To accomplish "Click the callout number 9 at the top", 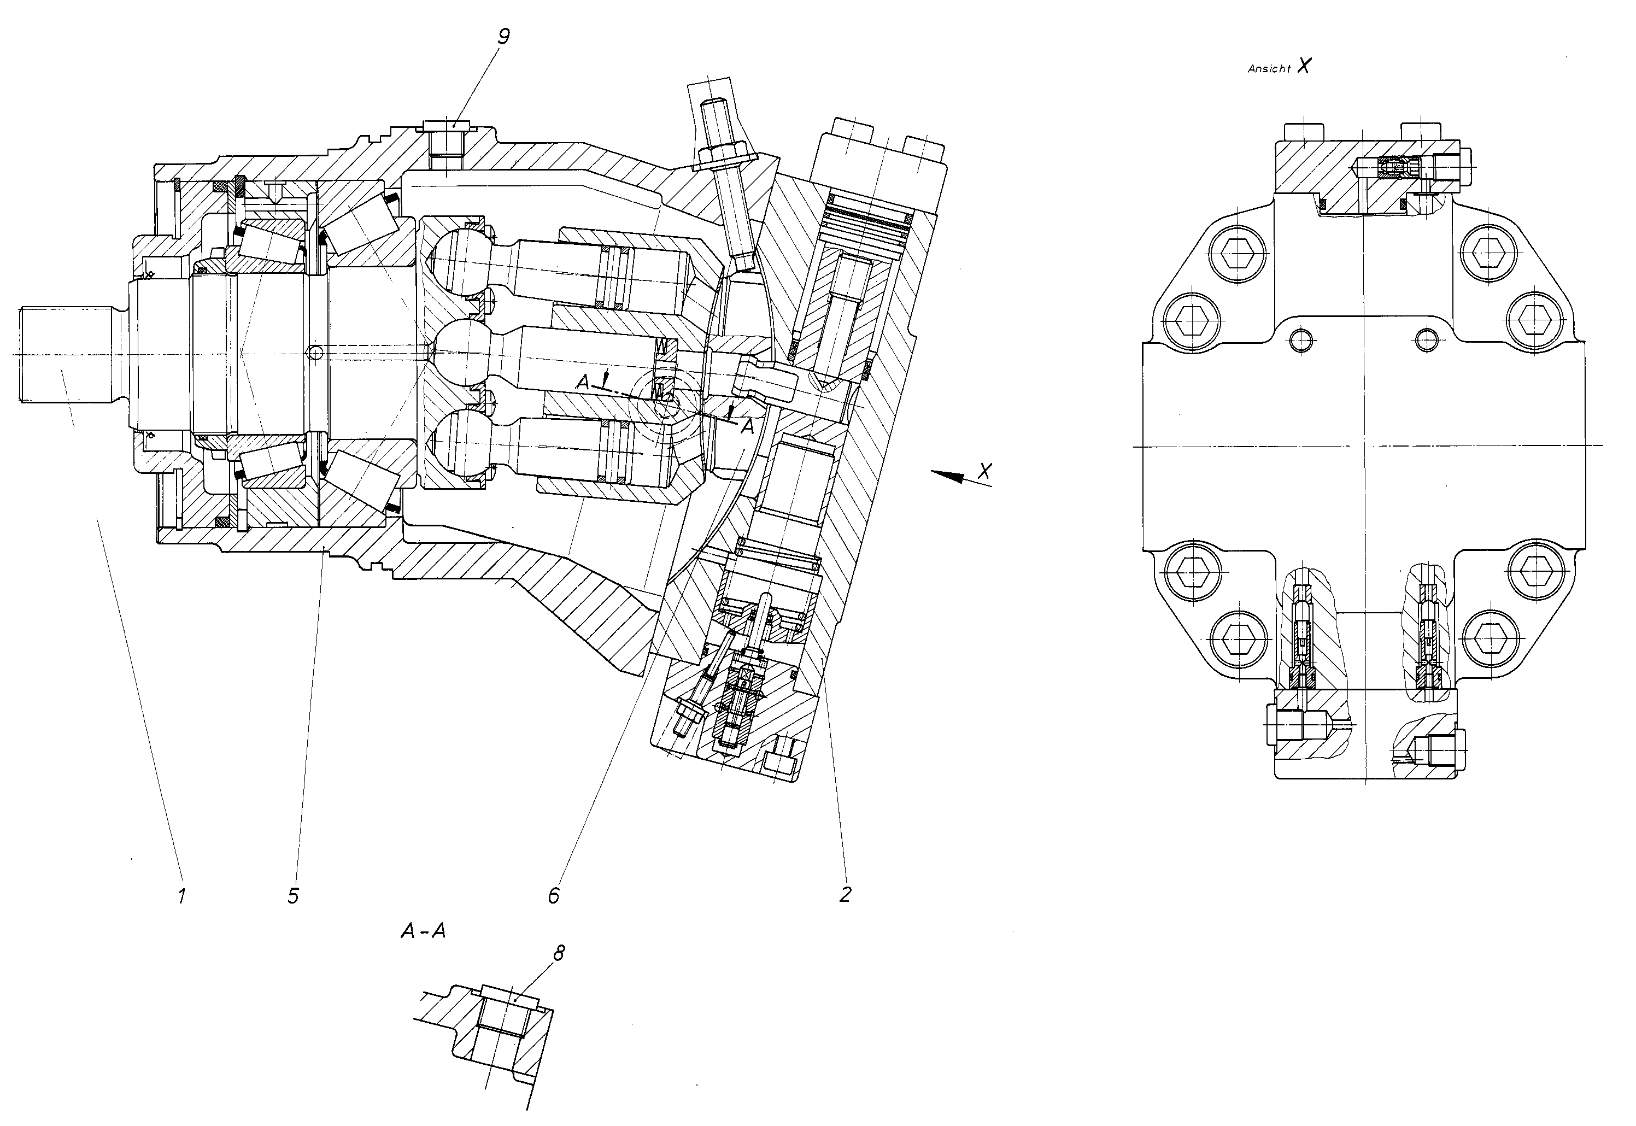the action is [503, 37].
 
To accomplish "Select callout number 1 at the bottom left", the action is [182, 896].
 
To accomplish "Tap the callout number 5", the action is [293, 896].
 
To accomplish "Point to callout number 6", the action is [554, 896].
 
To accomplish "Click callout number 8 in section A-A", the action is [559, 954].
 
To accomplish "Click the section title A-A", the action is [423, 931].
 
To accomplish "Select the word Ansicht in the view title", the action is [1269, 69].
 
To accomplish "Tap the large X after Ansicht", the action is [1304, 66].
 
